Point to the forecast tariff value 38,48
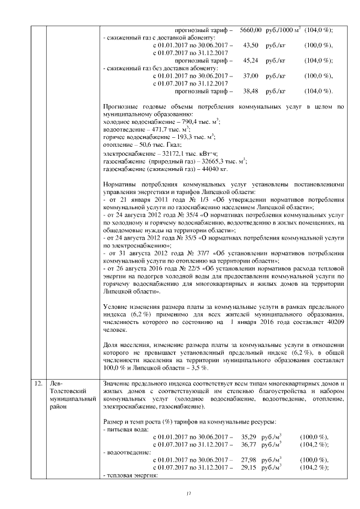(250, 91)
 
